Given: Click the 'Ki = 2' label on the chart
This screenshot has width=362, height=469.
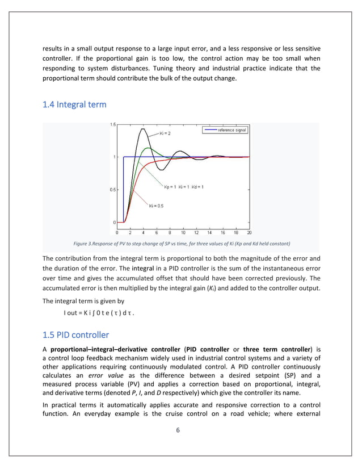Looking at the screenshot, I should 165,133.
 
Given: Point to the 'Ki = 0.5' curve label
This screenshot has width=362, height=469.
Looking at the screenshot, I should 156,206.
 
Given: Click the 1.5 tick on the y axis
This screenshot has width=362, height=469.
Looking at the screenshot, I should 113,124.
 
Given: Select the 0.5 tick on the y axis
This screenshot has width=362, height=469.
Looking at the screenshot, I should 113,190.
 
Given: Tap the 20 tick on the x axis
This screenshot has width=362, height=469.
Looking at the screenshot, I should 249,232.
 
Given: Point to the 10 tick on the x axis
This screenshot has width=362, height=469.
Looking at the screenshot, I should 183,232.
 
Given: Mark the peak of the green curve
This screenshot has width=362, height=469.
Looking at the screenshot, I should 148,148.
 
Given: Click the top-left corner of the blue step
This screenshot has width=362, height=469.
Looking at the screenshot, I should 124,157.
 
